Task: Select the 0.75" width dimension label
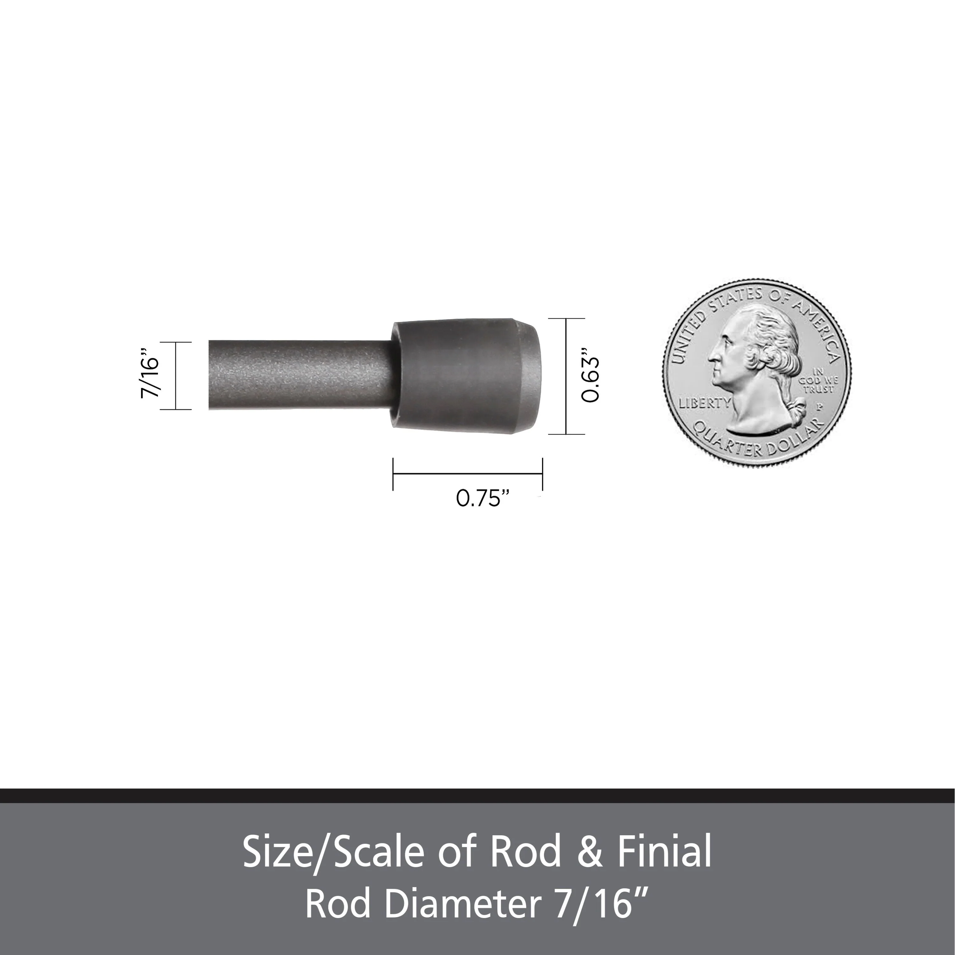pyautogui.click(x=482, y=498)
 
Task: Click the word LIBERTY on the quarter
pyautogui.click(x=704, y=403)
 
